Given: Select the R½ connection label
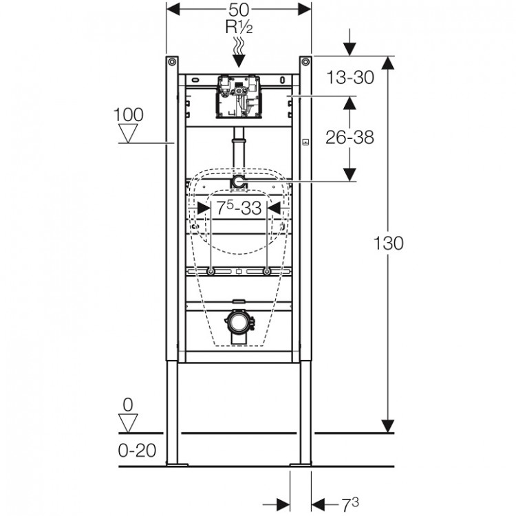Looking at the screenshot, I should tap(239, 28).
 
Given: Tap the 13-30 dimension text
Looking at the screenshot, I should tap(350, 77).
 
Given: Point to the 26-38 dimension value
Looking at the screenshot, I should tap(350, 138).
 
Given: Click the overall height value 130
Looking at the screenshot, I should tap(388, 243).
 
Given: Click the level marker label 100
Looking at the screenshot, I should tap(129, 115).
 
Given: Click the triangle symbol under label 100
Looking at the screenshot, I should tap(129, 133).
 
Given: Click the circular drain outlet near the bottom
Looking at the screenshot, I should tap(239, 321).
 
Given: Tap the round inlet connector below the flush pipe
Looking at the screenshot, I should tap(238, 182).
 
